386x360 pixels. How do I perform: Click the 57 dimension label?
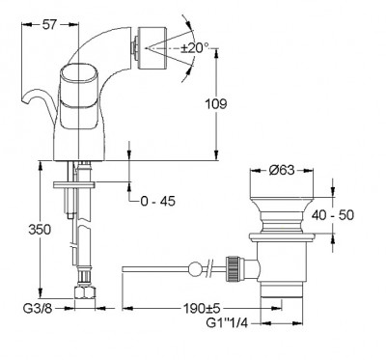(49, 24)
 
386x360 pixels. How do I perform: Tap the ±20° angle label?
(195, 48)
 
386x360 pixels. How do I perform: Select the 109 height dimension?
(216, 103)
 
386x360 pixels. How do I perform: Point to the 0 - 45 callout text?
(158, 202)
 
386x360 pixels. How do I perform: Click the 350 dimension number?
(40, 230)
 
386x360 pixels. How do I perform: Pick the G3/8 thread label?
(38, 309)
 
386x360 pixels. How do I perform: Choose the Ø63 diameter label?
(282, 170)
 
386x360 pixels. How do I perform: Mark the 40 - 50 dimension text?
(333, 215)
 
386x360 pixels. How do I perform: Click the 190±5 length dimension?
(202, 309)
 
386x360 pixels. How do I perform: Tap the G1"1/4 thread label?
(227, 322)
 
